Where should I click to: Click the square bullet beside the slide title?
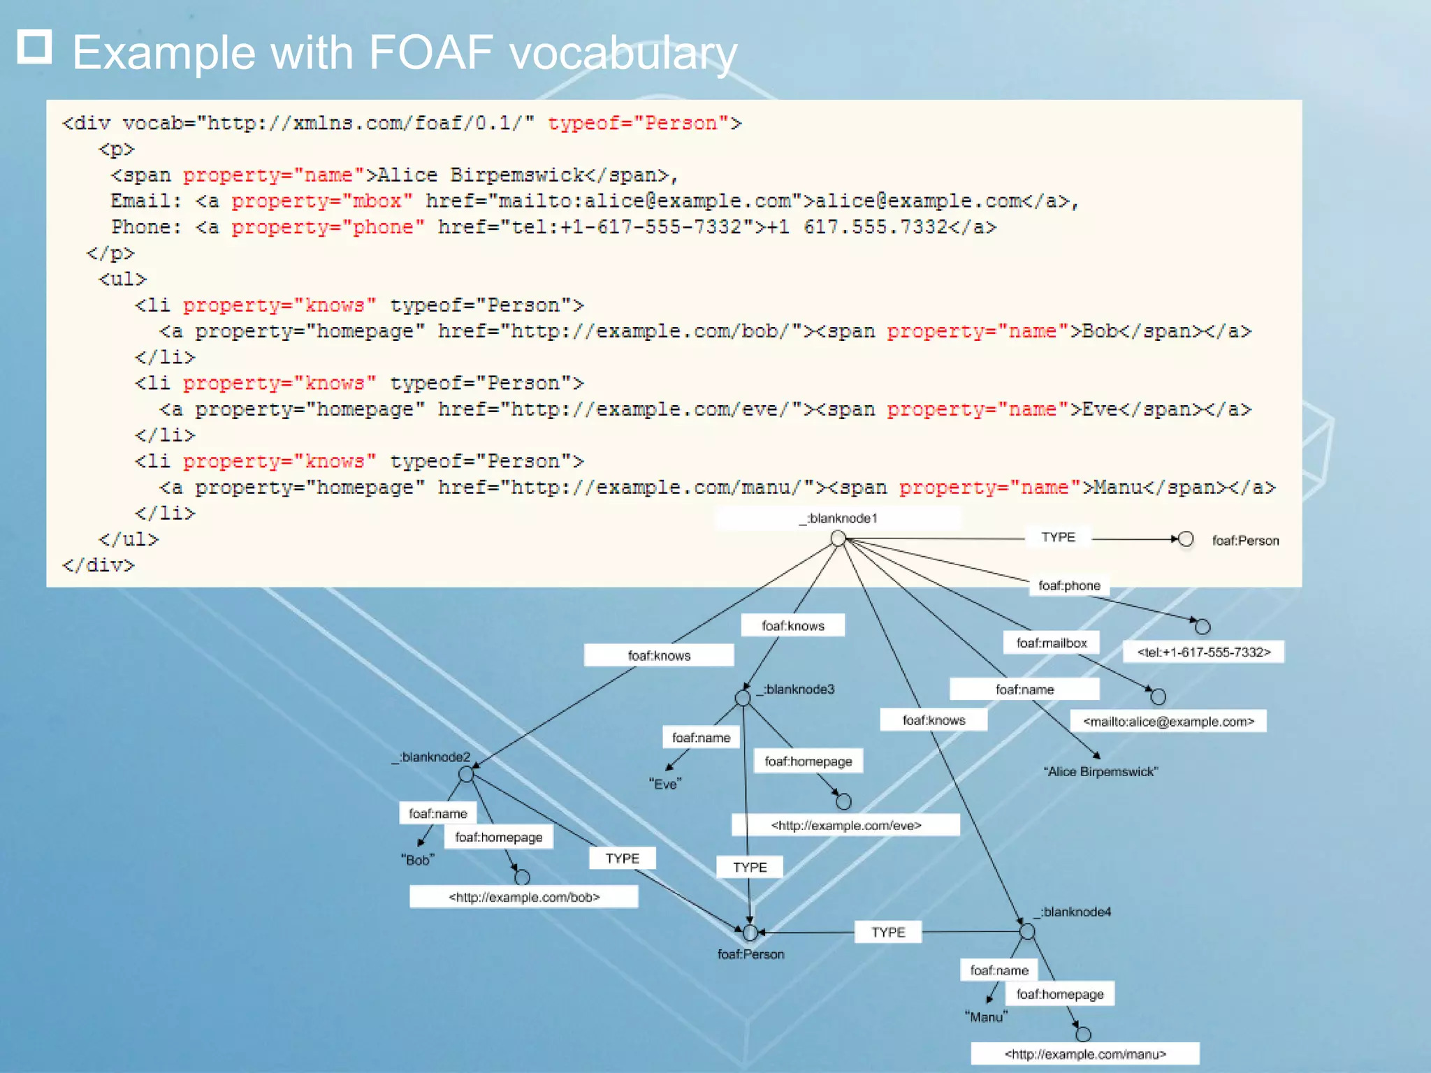coord(34,47)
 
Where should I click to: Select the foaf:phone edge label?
coord(1069,585)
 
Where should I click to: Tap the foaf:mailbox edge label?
coord(1051,643)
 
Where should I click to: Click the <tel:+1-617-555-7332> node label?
coord(1203,652)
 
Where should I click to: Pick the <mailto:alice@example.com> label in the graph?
coord(1168,722)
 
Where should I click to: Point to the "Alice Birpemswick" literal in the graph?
coord(1101,772)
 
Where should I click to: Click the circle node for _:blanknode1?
coord(838,538)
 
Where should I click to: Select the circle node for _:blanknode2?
coord(466,774)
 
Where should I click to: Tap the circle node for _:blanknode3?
coord(743,697)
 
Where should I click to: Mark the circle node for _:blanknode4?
coord(1026,931)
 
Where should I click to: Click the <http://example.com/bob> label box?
coord(523,897)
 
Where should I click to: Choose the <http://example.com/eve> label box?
coord(845,825)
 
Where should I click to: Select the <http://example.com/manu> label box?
coord(1084,1054)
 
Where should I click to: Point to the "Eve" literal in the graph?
coord(664,784)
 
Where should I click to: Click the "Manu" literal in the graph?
coord(986,1017)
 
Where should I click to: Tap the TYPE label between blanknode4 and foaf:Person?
coord(888,932)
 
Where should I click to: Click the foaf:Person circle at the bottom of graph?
coord(750,933)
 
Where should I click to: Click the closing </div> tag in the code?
coord(98,565)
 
